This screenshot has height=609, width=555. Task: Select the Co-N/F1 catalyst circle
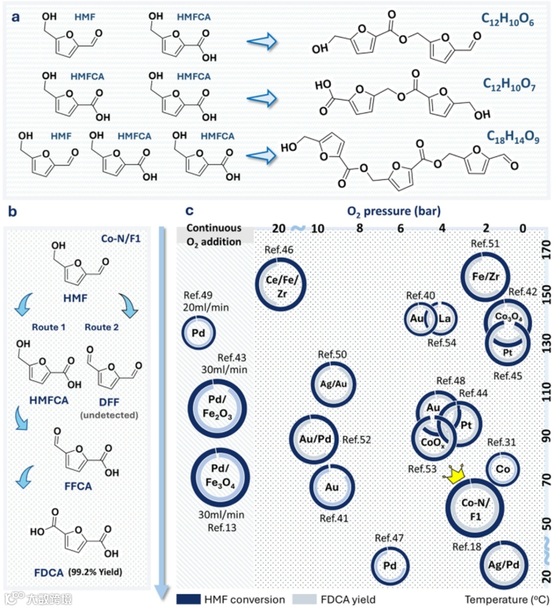tap(475, 509)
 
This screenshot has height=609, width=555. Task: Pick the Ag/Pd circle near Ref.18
tap(503, 565)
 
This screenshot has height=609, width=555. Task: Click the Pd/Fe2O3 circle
tap(217, 408)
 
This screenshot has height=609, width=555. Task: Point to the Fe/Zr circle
tap(485, 277)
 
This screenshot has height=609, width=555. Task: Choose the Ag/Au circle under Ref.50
tap(334, 384)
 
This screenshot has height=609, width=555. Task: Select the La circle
tap(443, 318)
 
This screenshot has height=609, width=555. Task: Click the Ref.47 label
tap(389, 538)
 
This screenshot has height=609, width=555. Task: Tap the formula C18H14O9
tap(513, 138)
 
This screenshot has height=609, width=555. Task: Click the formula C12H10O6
tap(507, 20)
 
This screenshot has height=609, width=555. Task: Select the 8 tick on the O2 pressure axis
tap(360, 228)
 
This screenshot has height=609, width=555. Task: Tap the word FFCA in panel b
tap(78, 486)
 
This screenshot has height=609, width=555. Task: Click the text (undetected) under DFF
tap(109, 415)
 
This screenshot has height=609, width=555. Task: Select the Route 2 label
tap(101, 327)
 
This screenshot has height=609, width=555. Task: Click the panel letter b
tap(13, 212)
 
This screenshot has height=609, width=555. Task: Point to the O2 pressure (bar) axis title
tap(394, 211)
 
